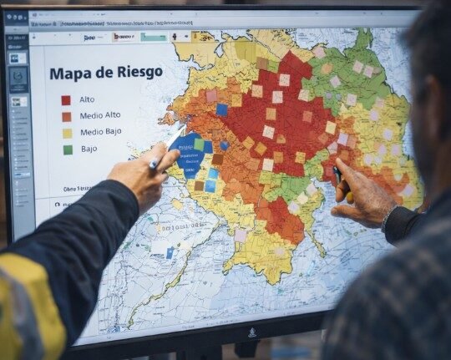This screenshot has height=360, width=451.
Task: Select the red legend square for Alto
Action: click(66, 99)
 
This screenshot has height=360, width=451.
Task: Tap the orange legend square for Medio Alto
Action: click(66, 117)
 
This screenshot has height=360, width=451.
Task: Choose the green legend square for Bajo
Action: click(68, 150)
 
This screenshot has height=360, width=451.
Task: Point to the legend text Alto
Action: click(87, 99)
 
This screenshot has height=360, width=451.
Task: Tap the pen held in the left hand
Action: click(154, 165)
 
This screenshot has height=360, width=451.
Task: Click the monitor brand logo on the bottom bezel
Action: click(251, 332)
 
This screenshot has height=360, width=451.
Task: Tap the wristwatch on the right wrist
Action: click(385, 219)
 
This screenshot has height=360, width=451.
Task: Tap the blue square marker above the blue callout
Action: click(221, 109)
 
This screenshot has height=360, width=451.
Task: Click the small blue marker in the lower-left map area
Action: click(170, 252)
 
